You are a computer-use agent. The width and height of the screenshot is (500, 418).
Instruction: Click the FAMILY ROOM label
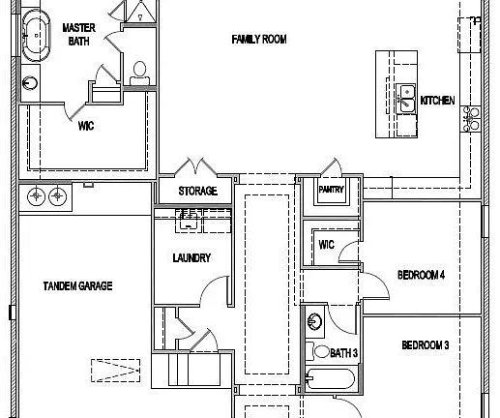(x=259, y=40)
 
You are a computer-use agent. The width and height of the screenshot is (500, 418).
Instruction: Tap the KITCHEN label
(x=437, y=101)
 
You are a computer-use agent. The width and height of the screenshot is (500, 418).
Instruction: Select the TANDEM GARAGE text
(x=77, y=285)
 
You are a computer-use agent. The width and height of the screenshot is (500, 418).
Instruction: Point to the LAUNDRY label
(x=191, y=257)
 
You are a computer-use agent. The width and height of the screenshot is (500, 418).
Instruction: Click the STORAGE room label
(x=197, y=191)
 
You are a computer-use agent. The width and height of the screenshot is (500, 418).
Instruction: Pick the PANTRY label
(x=331, y=190)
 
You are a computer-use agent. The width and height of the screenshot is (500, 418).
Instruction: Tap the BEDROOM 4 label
(x=421, y=275)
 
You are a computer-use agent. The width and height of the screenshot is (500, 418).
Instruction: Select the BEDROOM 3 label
(x=426, y=345)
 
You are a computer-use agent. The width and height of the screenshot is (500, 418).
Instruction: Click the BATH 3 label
(x=344, y=353)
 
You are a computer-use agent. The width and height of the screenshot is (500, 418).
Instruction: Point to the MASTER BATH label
(x=78, y=34)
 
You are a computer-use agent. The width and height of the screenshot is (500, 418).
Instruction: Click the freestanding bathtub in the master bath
(x=36, y=36)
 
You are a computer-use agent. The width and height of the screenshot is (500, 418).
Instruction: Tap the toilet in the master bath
(x=139, y=74)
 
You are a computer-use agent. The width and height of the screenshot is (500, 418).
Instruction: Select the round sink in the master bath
(x=30, y=83)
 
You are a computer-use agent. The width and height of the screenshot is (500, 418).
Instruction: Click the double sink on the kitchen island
(x=406, y=99)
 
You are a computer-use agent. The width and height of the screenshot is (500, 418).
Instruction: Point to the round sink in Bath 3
(x=314, y=321)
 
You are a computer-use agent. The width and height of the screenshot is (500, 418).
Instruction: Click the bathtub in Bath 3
(x=330, y=378)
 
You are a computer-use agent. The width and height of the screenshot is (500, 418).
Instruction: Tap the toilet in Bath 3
(x=317, y=351)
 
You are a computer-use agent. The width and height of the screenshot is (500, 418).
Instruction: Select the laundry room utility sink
(x=189, y=220)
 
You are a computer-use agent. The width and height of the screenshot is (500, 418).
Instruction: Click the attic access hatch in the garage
(x=115, y=371)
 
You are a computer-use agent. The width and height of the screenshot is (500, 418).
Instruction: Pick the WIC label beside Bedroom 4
(x=326, y=245)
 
